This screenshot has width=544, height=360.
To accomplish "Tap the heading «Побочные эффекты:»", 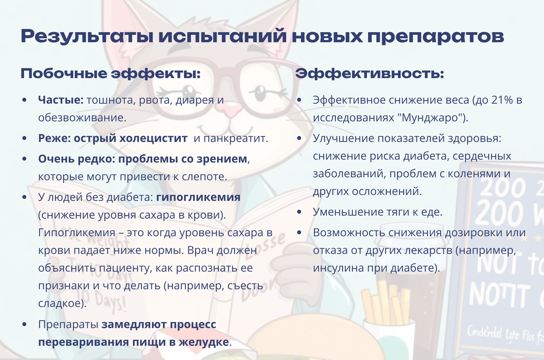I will click(x=111, y=73).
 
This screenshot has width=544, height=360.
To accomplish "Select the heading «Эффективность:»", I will click(x=370, y=73).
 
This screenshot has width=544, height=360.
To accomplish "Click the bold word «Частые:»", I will click(x=61, y=100).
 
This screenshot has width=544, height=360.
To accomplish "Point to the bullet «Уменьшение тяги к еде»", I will click(x=377, y=212).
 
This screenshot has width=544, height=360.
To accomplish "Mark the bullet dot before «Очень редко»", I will click(x=24, y=160).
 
